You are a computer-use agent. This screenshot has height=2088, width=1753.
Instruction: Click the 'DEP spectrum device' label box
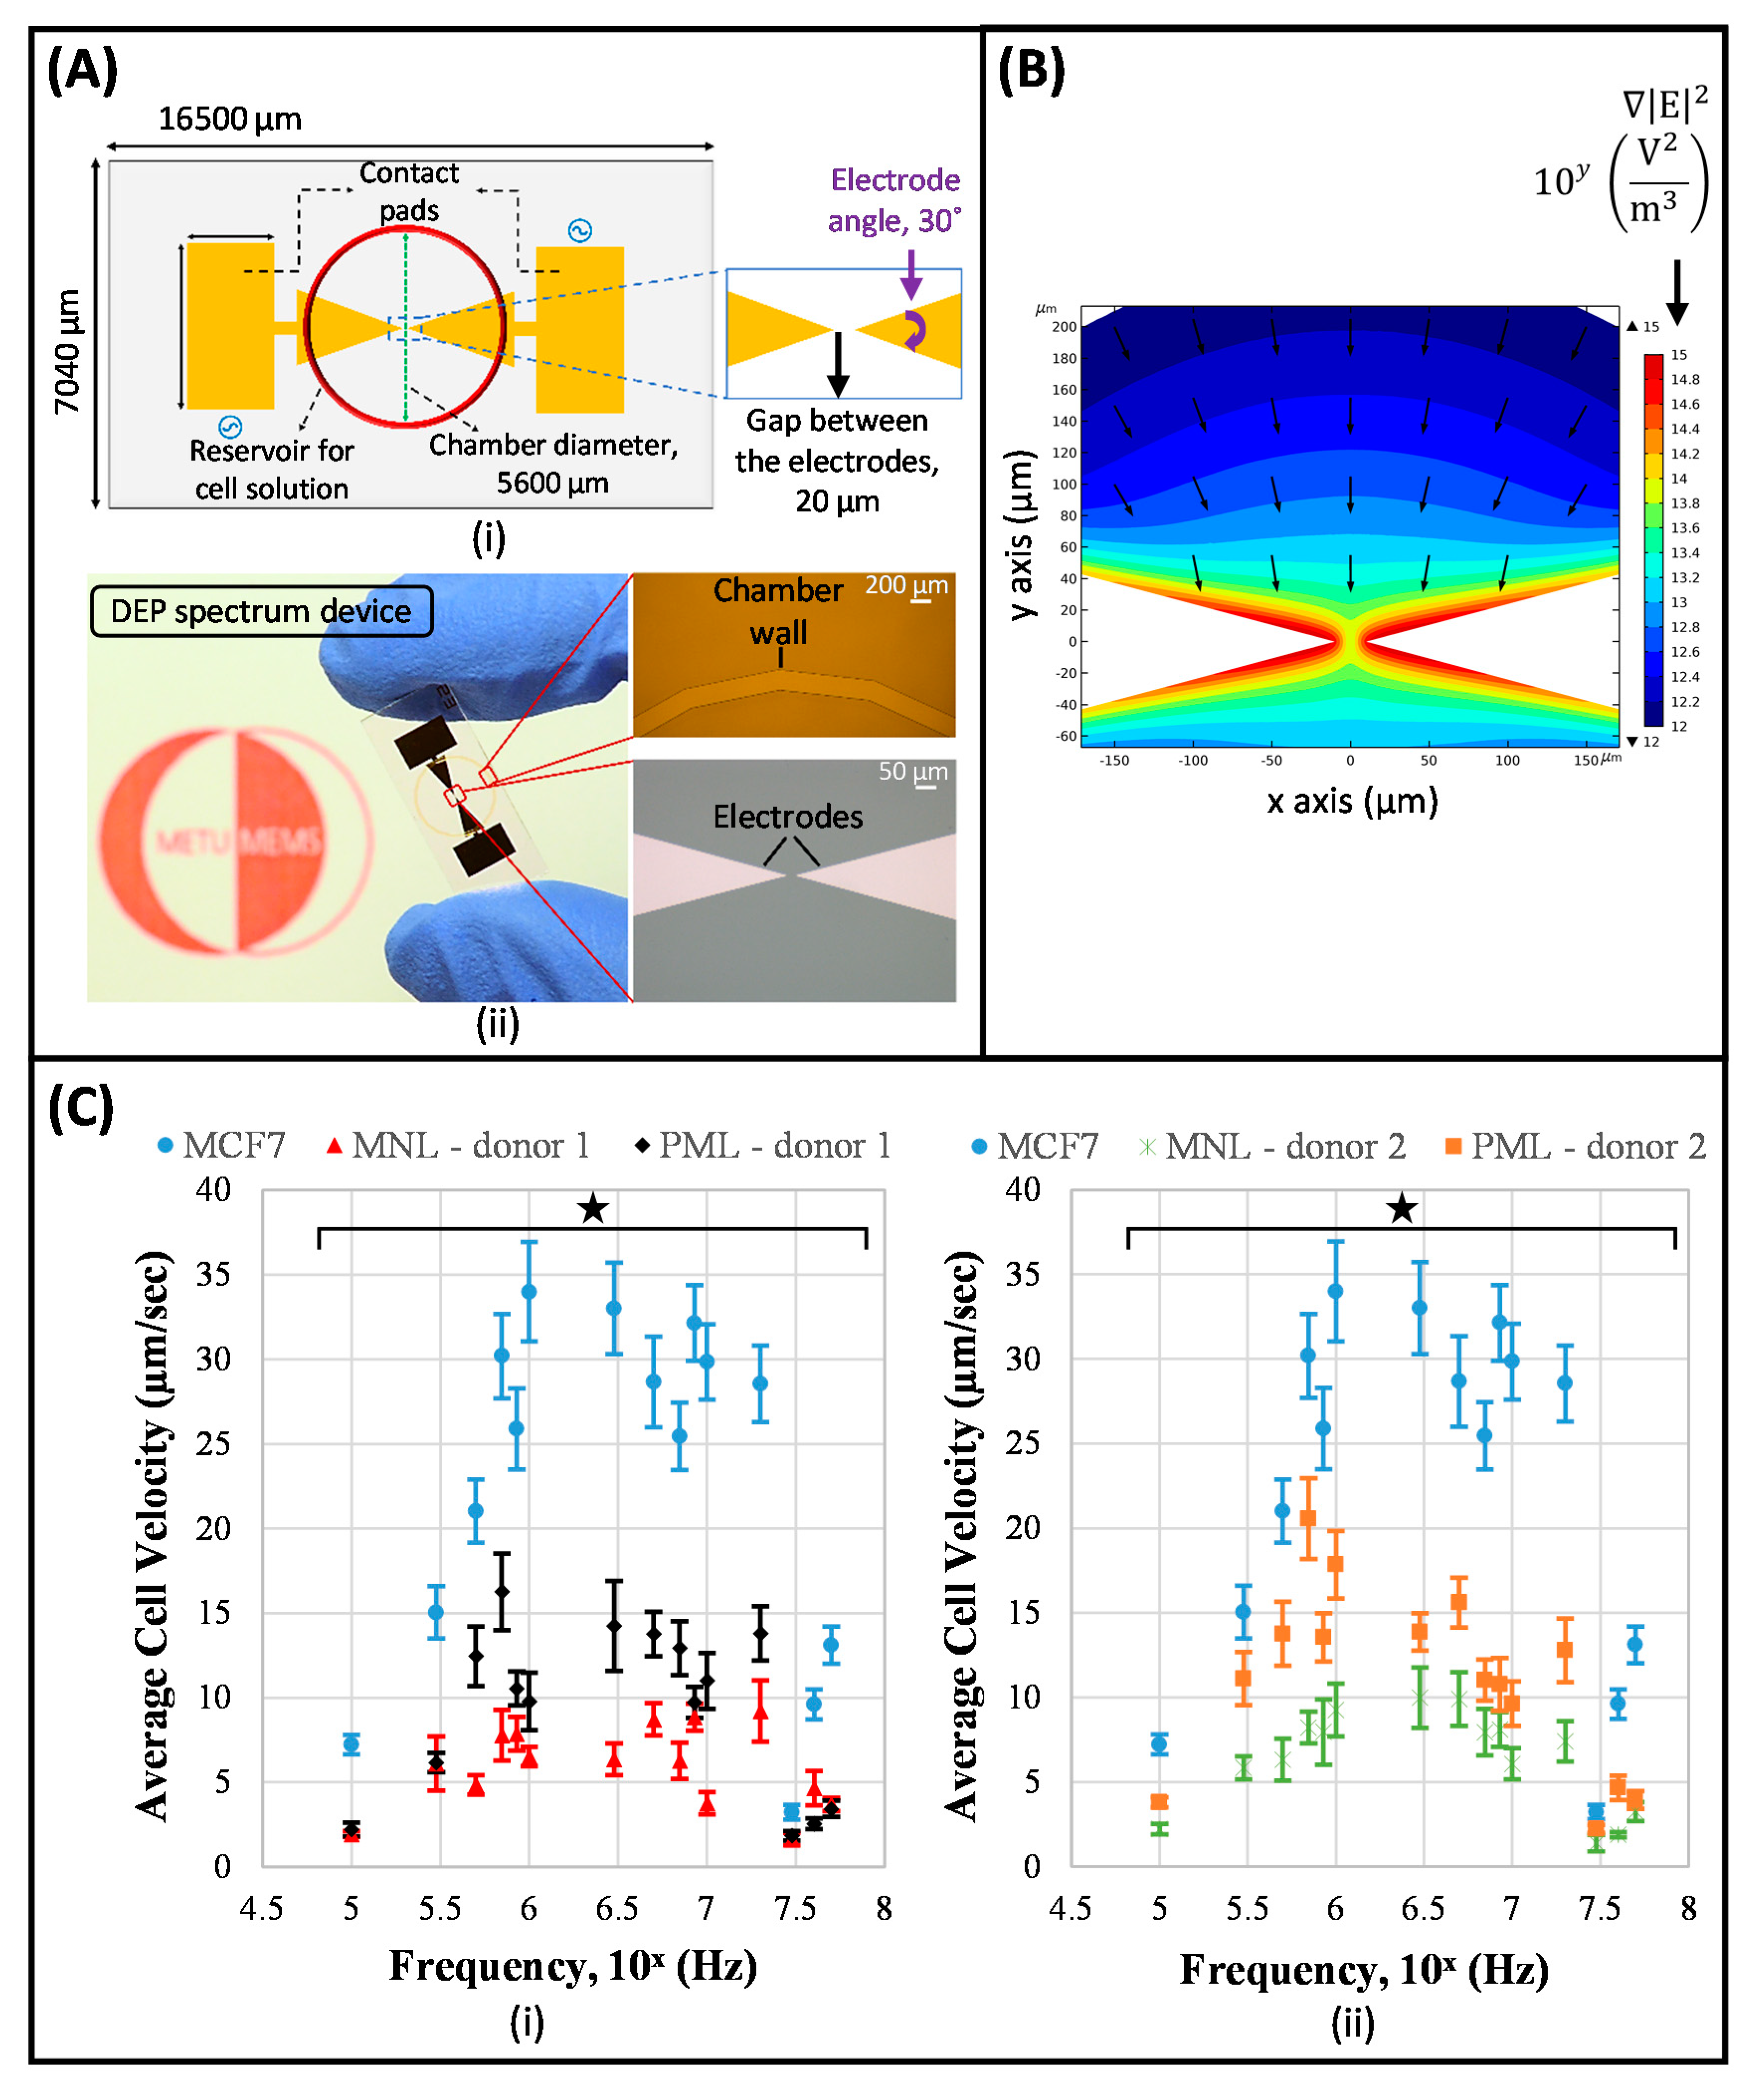point(261,610)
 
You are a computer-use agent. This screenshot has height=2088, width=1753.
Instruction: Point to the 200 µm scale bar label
point(906,585)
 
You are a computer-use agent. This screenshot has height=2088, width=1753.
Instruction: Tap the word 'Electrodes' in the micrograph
point(788,816)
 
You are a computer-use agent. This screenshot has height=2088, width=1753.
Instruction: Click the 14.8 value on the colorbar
point(1684,379)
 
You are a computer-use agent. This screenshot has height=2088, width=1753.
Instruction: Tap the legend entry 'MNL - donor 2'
point(1273,1146)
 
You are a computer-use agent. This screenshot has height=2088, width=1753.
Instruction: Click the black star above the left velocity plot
point(593,1209)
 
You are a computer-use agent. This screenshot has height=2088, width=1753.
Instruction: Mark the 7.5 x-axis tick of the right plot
point(1600,1908)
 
